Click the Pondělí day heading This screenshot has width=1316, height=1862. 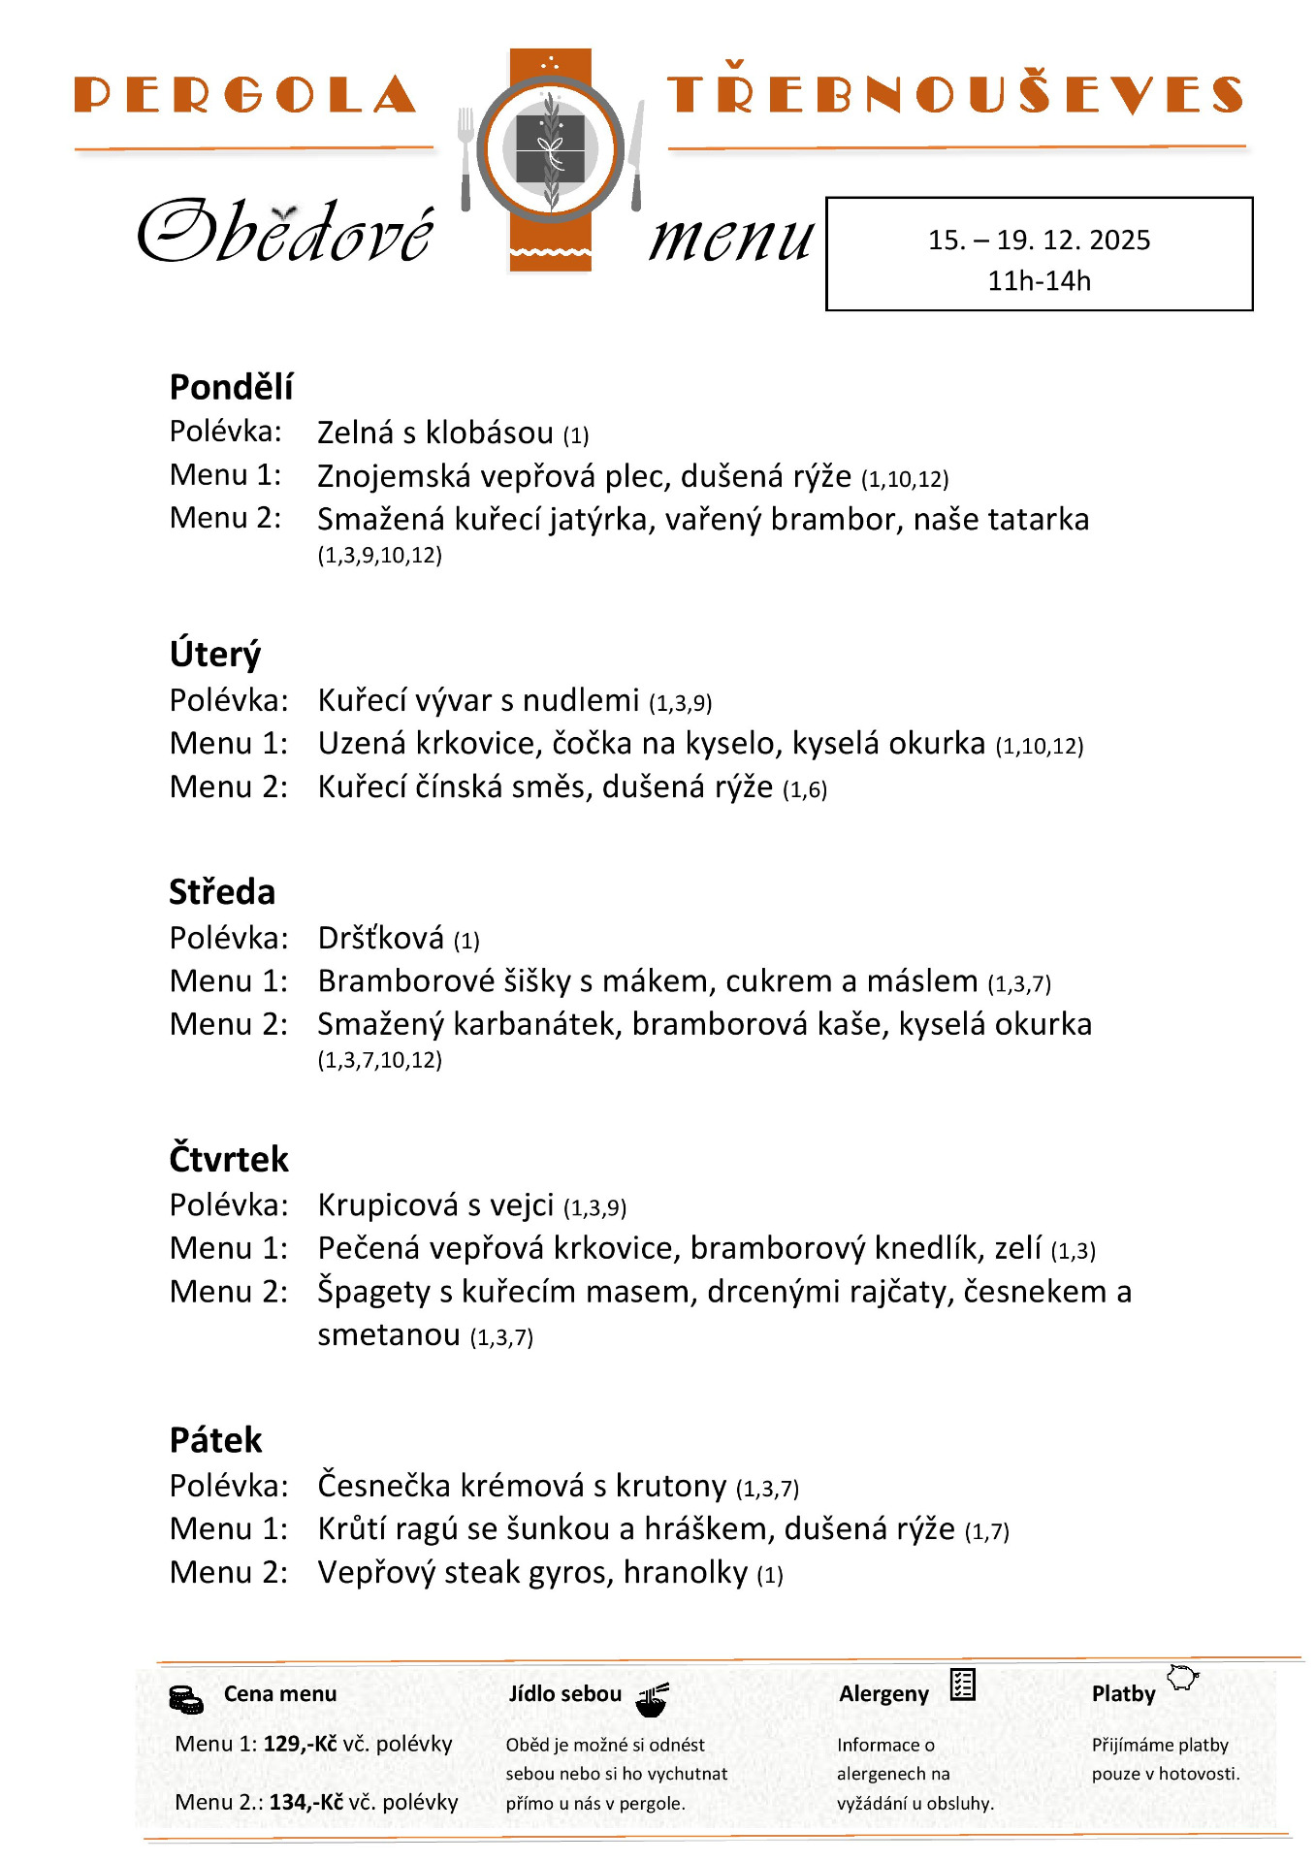[x=231, y=387]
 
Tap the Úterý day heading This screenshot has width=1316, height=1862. [x=215, y=655]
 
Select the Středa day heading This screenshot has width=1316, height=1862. [x=222, y=892]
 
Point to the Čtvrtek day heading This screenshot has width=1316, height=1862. [x=229, y=1160]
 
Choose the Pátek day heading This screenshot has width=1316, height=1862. [x=215, y=1440]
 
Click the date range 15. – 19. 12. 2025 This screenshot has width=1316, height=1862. [x=1039, y=240]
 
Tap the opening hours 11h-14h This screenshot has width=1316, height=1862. [x=1039, y=281]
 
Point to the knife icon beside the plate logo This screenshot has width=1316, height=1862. [x=636, y=155]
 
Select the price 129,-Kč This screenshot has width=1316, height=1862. [x=300, y=1744]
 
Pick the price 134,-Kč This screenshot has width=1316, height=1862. [x=306, y=1802]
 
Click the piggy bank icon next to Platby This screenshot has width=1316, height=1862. [x=1182, y=1677]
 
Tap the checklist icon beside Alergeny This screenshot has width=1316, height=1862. [x=962, y=1685]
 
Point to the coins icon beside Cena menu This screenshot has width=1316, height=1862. [x=185, y=1699]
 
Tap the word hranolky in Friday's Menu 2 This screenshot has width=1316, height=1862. [x=686, y=1572]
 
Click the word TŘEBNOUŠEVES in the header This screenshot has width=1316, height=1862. [x=955, y=94]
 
